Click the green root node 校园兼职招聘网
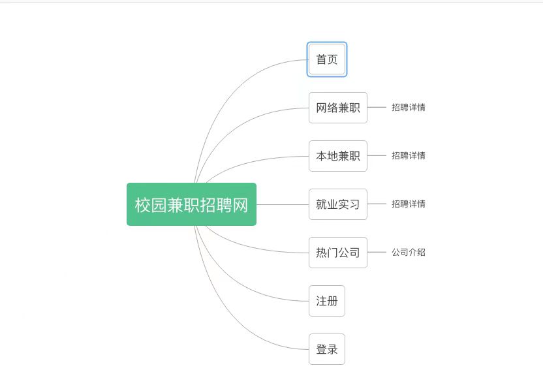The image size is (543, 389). click(x=191, y=204)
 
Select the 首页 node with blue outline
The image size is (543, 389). click(x=327, y=59)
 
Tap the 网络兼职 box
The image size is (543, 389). click(x=338, y=108)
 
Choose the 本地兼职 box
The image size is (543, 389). click(x=338, y=156)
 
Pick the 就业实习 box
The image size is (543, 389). click(x=338, y=204)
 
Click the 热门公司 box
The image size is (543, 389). click(x=338, y=253)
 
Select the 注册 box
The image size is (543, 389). click(x=327, y=301)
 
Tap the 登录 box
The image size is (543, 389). click(x=327, y=349)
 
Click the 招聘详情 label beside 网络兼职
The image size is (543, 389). click(x=409, y=108)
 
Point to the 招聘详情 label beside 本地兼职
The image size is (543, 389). click(x=409, y=155)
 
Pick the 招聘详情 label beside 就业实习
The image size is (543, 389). click(x=409, y=204)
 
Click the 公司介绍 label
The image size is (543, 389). click(x=409, y=252)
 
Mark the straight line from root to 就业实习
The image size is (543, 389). click(x=283, y=204)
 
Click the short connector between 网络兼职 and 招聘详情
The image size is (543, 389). click(x=377, y=108)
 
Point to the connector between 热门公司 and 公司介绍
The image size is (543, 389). click(x=377, y=252)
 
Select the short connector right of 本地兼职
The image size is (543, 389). click(x=377, y=155)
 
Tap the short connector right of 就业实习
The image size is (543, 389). click(x=377, y=204)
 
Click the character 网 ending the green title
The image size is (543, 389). click(x=240, y=205)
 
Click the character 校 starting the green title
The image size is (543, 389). click(x=143, y=205)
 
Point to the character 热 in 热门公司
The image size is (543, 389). click(x=321, y=253)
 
